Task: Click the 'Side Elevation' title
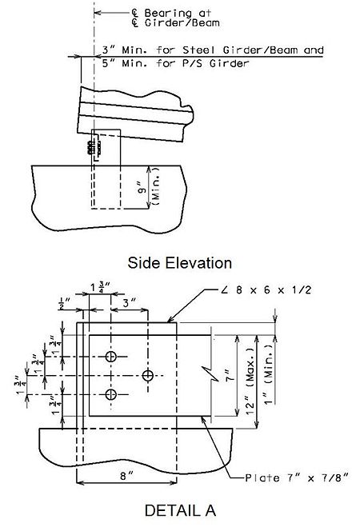pyautogui.click(x=179, y=263)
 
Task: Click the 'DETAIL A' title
pyautogui.click(x=180, y=510)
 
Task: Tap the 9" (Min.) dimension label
pyautogui.click(x=149, y=187)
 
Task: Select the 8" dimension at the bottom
pyautogui.click(x=126, y=476)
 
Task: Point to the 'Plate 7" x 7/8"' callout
pyautogui.click(x=296, y=477)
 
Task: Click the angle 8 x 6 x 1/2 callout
pyautogui.click(x=267, y=289)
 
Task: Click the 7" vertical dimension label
pyautogui.click(x=229, y=375)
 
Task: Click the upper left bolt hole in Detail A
pyautogui.click(x=111, y=356)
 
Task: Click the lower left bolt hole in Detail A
pyautogui.click(x=111, y=394)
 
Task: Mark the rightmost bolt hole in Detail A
pyautogui.click(x=148, y=375)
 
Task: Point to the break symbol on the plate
pyautogui.click(x=210, y=373)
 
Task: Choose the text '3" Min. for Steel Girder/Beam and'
pyautogui.click(x=213, y=50)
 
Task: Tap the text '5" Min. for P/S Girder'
pyautogui.click(x=175, y=63)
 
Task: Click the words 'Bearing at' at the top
pyautogui.click(x=178, y=13)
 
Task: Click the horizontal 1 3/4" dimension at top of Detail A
pyautogui.click(x=100, y=288)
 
